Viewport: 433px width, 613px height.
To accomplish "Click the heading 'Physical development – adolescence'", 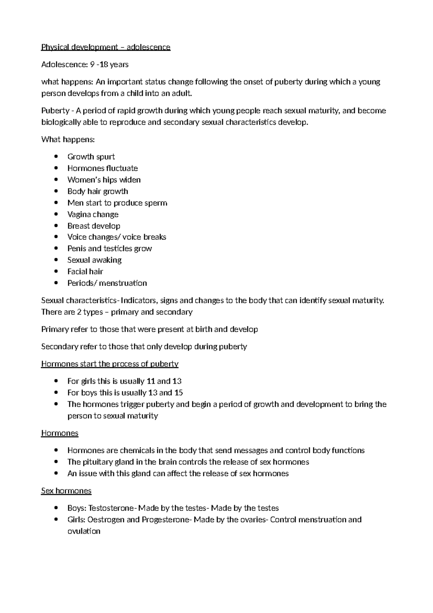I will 106,47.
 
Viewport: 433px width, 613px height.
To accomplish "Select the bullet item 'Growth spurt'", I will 91,157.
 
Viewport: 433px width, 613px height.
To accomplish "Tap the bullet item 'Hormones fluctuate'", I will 102,168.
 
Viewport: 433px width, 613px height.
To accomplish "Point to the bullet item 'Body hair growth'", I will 97,191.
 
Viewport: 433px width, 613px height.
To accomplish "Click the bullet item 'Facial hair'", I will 85,271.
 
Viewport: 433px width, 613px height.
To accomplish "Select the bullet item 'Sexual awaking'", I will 94,260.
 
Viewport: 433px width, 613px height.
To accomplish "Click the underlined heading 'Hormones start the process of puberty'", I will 110,364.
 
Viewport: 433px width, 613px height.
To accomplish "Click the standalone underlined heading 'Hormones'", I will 60,433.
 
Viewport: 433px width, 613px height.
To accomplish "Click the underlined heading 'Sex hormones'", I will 66,491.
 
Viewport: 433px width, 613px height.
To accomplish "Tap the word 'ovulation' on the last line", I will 84,531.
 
